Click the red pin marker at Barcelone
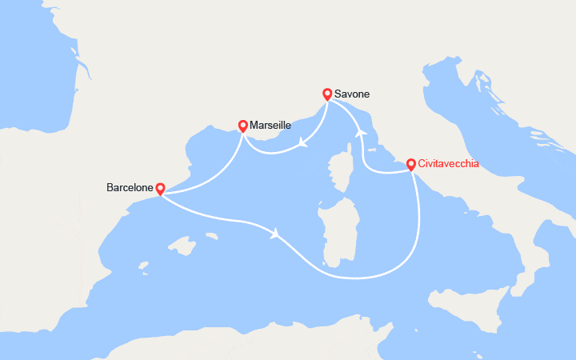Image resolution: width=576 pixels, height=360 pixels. point(160,189)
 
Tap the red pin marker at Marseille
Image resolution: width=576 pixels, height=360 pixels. point(243,126)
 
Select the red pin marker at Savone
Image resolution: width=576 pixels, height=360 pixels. point(327,94)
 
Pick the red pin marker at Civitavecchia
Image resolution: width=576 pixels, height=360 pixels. point(411,164)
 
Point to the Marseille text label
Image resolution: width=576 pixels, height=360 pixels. point(270,126)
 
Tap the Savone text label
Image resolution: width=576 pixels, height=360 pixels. point(353,94)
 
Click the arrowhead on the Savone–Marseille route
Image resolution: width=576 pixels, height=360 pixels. point(303,144)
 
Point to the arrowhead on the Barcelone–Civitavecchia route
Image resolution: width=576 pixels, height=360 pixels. point(276,234)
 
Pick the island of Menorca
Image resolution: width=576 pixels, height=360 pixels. point(211,236)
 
